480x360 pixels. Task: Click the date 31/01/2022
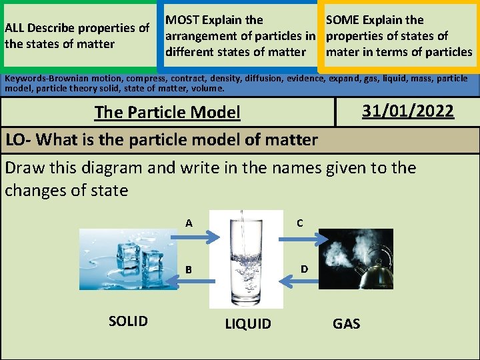click(407, 111)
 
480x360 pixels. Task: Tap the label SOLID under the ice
click(128, 321)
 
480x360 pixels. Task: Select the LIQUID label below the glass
click(248, 324)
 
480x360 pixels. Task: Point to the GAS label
click(346, 324)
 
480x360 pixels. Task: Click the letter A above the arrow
click(189, 223)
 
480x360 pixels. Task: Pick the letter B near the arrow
click(189, 270)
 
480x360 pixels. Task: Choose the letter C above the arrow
click(300, 223)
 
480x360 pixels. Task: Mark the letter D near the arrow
click(304, 269)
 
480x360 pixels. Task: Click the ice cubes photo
click(129, 259)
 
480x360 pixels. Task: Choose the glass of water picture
click(246, 259)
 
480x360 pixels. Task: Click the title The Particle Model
click(167, 112)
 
